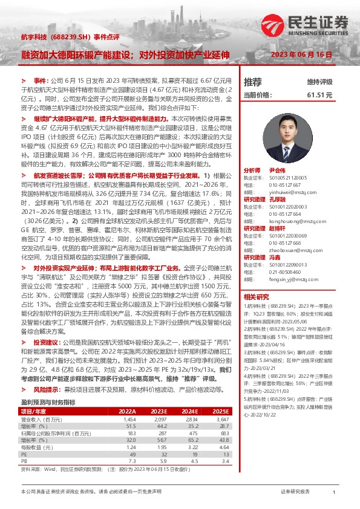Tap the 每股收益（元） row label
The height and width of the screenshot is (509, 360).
coord(38,447)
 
